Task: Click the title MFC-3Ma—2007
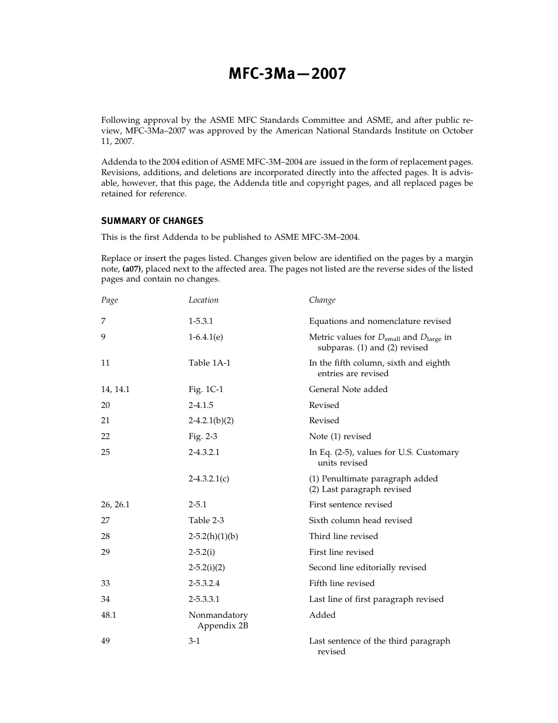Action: coord(287,74)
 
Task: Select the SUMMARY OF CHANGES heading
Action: coord(152,221)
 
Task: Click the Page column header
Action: coord(109,300)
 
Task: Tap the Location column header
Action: coord(203,300)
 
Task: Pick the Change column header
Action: coord(322,300)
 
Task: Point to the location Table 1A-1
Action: coord(209,363)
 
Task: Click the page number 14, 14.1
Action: coord(115,390)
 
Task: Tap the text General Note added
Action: coord(348,390)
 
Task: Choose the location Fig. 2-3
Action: coord(203,437)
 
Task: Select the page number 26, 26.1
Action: coord(115,505)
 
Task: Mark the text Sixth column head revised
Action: coord(360,521)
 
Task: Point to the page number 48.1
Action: coord(109,615)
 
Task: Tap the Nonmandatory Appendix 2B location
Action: coord(219,621)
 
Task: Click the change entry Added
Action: coord(322,615)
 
